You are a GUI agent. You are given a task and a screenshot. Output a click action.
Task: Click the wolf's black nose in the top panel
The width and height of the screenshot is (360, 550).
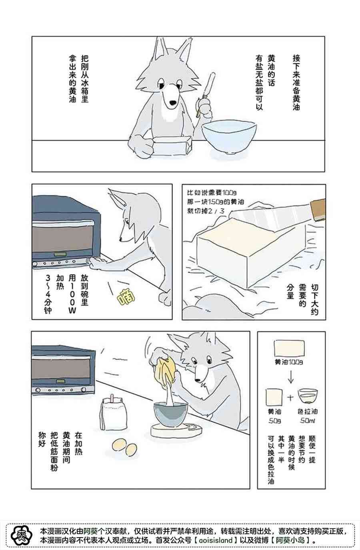[173, 103]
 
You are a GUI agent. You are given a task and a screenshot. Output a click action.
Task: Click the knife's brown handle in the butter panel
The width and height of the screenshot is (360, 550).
[318, 209]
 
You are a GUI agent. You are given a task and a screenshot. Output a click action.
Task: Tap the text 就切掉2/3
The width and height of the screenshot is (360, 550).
[205, 211]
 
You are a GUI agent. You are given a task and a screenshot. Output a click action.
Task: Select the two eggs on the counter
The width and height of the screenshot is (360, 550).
[124, 447]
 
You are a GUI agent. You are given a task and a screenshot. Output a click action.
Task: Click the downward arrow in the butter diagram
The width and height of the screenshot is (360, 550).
[290, 377]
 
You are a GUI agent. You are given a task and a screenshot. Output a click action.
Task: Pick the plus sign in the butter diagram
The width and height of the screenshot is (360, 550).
[290, 397]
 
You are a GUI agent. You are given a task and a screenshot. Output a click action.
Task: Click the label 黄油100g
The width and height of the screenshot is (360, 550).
[288, 362]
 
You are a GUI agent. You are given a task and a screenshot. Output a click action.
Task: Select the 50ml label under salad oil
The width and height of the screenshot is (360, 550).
[307, 421]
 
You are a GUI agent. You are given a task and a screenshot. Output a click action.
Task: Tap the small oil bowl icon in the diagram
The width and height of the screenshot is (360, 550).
[308, 395]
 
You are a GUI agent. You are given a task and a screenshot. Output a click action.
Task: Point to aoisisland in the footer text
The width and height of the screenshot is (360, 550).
[216, 540]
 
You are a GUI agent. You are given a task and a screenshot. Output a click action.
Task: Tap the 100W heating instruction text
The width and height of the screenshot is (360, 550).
[72, 294]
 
